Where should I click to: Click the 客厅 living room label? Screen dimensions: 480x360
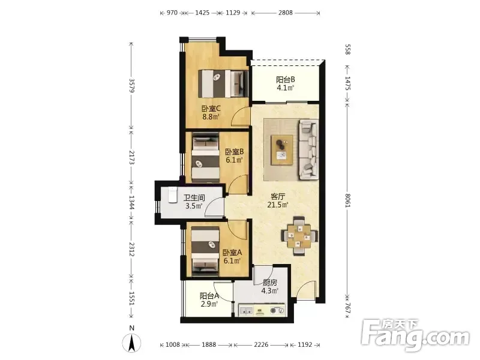278,196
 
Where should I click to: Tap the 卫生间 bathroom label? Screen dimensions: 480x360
194,198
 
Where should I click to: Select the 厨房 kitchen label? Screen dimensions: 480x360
269,282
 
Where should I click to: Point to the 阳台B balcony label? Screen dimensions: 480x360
286,80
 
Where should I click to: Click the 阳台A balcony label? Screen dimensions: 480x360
209,296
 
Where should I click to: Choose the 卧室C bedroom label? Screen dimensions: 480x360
211,109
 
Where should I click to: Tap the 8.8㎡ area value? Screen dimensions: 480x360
211,116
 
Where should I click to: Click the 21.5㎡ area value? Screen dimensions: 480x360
278,205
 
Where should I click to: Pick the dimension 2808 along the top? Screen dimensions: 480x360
286,13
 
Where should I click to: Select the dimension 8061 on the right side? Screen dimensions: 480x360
347,200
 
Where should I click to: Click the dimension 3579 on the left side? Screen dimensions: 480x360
131,86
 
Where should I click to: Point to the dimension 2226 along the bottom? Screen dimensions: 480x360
261,344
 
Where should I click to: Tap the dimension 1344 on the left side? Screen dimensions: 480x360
131,203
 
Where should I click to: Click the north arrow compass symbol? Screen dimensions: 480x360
131,343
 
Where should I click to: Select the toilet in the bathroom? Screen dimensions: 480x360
172,194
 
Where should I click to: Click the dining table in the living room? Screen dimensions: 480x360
299,236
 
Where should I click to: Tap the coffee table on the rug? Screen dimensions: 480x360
281,150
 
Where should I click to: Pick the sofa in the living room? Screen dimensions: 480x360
308,149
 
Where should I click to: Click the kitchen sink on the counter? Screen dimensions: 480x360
246,311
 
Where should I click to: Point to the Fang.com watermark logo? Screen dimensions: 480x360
415,335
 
